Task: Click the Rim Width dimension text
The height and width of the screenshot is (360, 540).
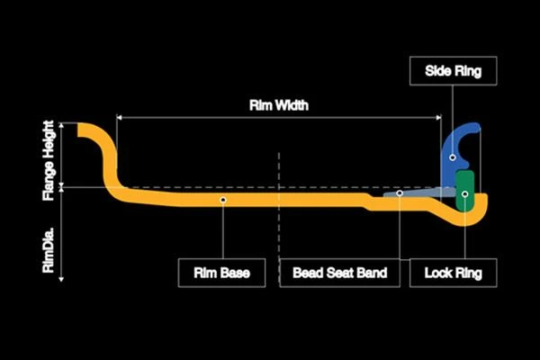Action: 279,105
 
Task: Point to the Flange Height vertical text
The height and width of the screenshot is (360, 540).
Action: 49,160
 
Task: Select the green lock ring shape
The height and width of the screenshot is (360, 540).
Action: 465,191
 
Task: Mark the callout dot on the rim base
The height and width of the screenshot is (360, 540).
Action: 223,200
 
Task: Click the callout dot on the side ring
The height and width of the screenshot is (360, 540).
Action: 453,157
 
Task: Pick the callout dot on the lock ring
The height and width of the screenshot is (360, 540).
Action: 465,194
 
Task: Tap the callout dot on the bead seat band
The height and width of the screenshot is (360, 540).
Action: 400,193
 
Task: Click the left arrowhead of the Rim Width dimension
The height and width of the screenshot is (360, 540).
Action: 119,118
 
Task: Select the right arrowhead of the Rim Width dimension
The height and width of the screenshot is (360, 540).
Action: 439,118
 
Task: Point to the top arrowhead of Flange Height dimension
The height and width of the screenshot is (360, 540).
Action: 61,125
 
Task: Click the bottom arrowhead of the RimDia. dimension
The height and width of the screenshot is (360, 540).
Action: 61,279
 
